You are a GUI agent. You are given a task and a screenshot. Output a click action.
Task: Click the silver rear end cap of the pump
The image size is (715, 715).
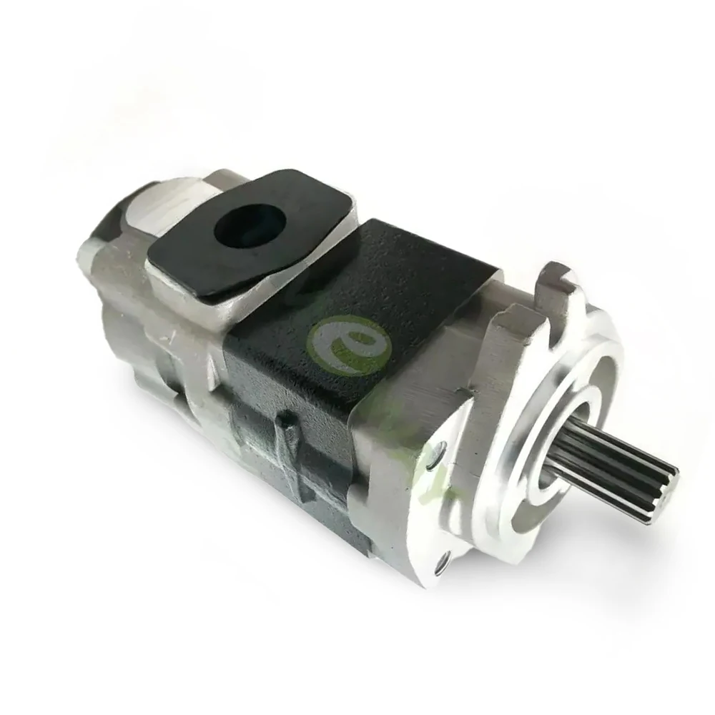(x=122, y=300)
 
